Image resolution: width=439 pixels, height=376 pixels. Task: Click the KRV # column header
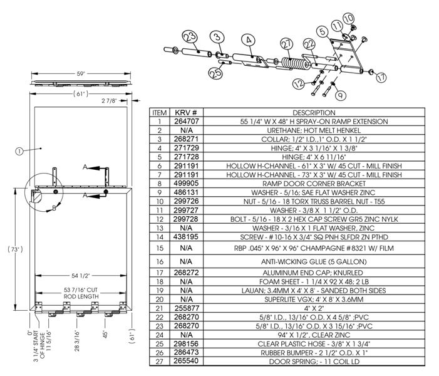[x=186, y=112]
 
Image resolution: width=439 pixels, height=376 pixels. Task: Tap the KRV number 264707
[x=186, y=121]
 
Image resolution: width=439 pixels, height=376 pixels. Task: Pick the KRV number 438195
[x=186, y=237]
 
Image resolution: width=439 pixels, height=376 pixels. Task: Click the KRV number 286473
[x=186, y=353]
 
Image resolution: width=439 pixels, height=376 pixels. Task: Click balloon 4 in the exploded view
[x=248, y=39]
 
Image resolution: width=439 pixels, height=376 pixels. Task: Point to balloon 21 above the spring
[x=287, y=44]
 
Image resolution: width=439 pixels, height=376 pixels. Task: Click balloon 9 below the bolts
[x=340, y=95]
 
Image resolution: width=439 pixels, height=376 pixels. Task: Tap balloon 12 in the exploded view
[x=298, y=83]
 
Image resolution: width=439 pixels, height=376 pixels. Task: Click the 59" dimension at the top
[x=81, y=74]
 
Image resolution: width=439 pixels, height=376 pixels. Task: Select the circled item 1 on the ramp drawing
[x=19, y=150]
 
